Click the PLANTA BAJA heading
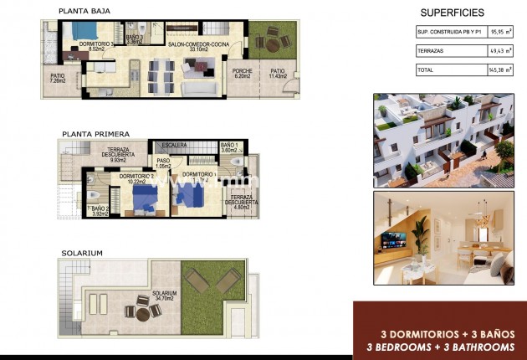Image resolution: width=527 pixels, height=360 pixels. [84, 11]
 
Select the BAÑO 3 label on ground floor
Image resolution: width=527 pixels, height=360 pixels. [135, 39]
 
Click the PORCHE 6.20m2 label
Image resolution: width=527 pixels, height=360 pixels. [243, 73]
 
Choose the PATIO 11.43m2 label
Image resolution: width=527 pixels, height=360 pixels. [278, 73]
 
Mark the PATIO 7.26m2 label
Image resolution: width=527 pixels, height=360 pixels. [58, 78]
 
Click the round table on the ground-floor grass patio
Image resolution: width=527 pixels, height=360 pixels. [271, 39]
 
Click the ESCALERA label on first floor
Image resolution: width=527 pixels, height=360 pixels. [174, 145]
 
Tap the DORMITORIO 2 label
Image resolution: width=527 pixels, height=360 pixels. [135, 177]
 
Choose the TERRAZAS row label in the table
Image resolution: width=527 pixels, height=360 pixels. [432, 51]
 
